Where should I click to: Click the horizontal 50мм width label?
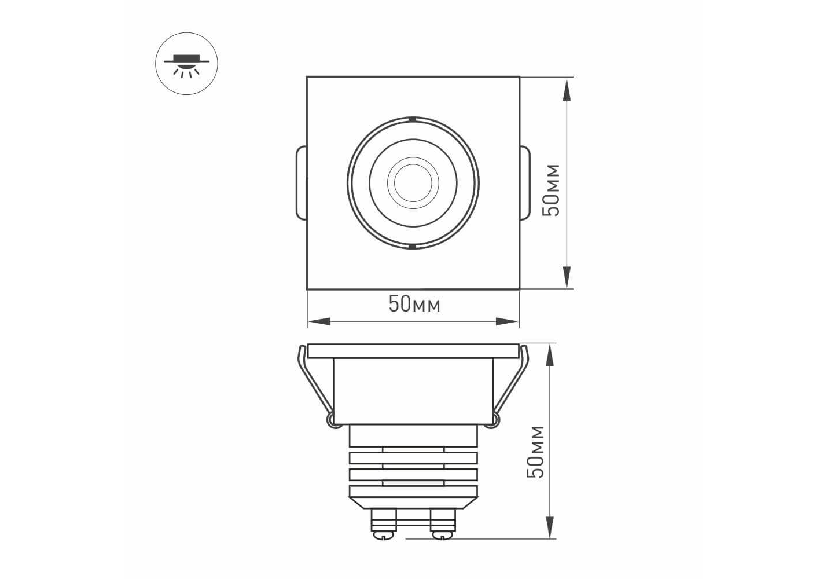[414, 305]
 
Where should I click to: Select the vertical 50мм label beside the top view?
[551, 190]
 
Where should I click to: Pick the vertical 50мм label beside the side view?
[535, 452]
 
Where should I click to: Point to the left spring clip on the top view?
[302, 183]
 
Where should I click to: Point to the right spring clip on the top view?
[525, 183]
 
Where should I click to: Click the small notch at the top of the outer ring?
[413, 119]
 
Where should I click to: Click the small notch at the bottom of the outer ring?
[413, 246]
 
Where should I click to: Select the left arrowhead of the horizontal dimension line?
[319, 321]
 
